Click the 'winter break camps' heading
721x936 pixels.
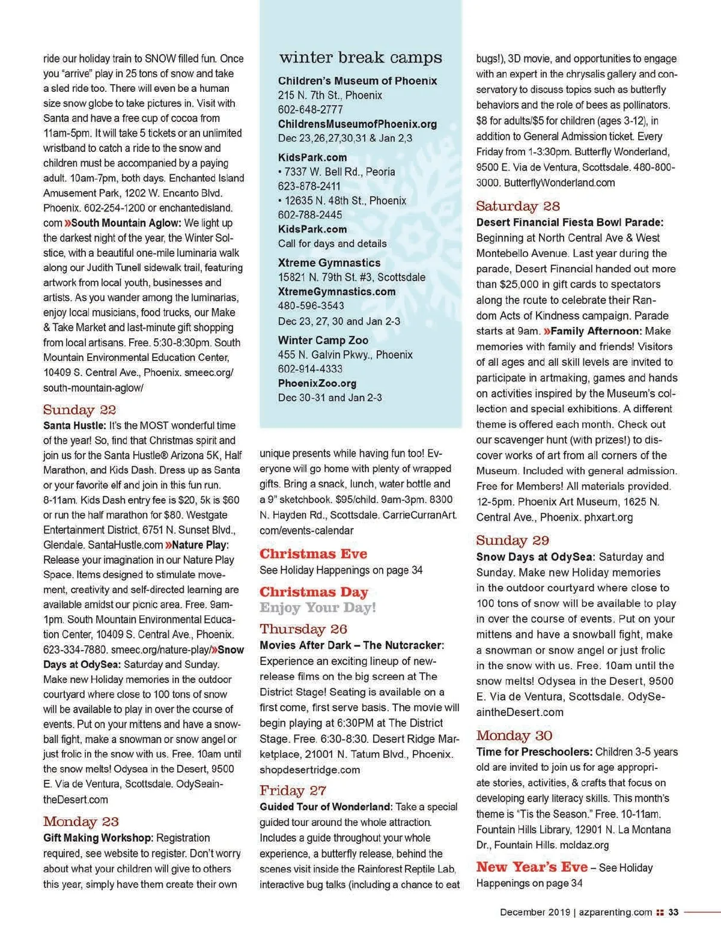(x=360, y=58)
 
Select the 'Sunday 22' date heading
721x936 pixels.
(x=79, y=410)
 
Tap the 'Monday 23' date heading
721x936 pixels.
(x=81, y=821)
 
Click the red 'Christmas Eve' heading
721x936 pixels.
(x=313, y=554)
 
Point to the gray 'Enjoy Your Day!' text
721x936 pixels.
(x=318, y=607)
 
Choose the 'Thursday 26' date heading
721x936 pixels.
(x=303, y=629)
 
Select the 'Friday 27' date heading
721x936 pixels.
(x=293, y=791)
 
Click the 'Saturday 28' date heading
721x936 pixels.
(x=517, y=206)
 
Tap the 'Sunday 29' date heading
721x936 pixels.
(x=513, y=540)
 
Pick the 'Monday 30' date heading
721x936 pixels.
(x=514, y=735)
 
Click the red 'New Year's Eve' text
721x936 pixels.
(x=532, y=867)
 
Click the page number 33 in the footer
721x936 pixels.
(x=674, y=912)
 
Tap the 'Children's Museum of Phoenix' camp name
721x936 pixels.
(x=357, y=81)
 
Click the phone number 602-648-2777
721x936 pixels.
(x=310, y=109)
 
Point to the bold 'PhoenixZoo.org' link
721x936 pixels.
(x=317, y=383)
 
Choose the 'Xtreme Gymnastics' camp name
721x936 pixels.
(x=329, y=263)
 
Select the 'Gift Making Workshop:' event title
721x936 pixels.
(x=98, y=837)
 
